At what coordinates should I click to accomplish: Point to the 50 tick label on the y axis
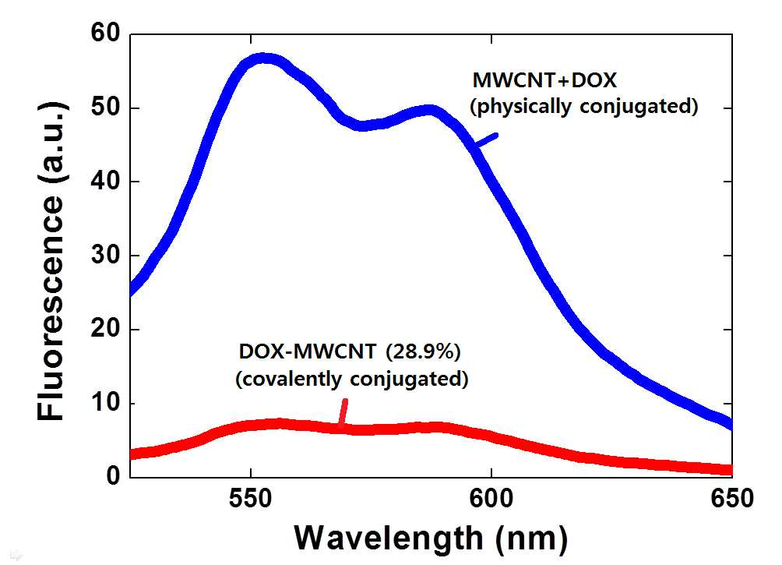106,108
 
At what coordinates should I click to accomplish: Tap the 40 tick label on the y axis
106,181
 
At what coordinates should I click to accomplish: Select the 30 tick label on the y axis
106,255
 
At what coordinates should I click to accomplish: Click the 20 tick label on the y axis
106,329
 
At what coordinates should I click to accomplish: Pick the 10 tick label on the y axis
106,403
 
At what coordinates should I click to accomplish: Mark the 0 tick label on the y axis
114,475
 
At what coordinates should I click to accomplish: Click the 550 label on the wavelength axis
251,499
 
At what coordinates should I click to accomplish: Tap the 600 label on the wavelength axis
491,499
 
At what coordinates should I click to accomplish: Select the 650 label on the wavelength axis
731,499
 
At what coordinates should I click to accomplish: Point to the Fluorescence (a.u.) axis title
51,260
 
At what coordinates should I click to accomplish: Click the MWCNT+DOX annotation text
544,80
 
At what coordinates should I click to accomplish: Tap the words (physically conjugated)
584,107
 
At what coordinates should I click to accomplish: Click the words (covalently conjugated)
351,379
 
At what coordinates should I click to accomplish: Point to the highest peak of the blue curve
264,58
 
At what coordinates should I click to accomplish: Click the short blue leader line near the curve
486,139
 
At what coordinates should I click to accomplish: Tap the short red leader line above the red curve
343,413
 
